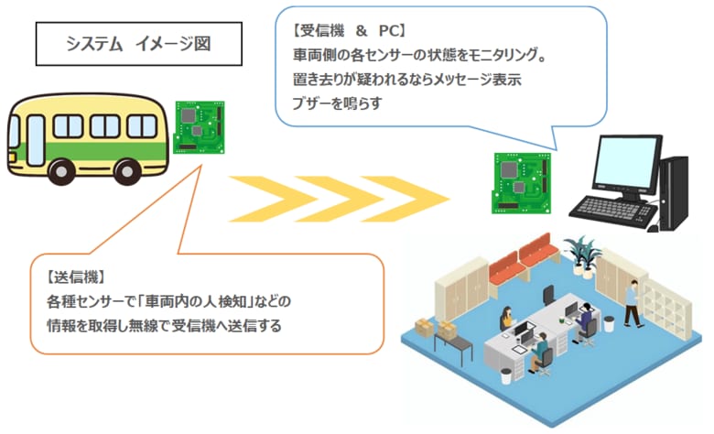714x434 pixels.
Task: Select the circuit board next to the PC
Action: coord(520,179)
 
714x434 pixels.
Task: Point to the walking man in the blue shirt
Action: coord(631,301)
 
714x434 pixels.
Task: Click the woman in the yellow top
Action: coord(505,320)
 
